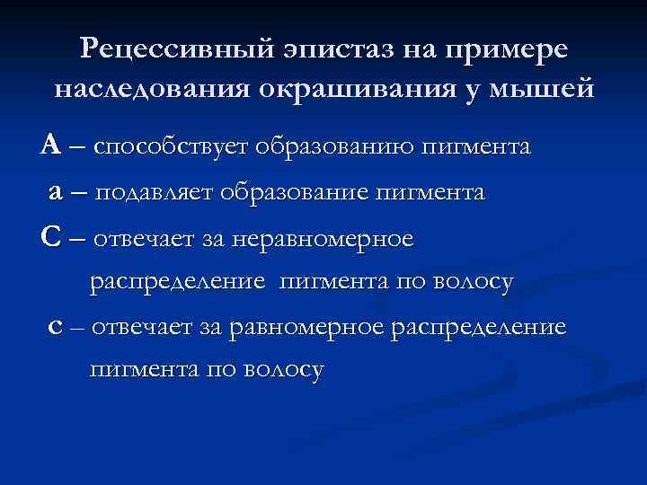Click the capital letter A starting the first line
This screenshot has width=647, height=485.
tap(50, 145)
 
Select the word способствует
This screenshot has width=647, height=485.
tap(172, 146)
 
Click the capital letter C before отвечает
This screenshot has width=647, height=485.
tap(50, 238)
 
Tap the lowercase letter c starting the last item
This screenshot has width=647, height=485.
tap(56, 328)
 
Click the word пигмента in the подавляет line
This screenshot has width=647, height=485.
tap(434, 193)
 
